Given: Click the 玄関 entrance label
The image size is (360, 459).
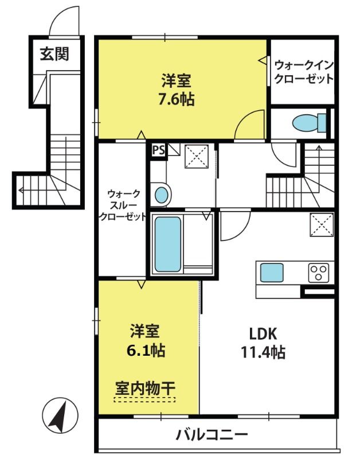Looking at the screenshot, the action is [54, 54].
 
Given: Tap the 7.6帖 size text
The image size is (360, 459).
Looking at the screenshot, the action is [177, 99].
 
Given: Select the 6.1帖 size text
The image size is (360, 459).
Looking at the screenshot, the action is [146, 351].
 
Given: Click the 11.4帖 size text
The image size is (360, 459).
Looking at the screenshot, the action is [263, 352].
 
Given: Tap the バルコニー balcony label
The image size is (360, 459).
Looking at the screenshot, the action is [212, 435].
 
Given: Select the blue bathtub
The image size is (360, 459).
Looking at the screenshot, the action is [167, 244].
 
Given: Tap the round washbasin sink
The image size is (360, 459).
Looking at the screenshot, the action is [162, 195].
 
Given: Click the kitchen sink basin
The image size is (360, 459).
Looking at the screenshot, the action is [272, 273].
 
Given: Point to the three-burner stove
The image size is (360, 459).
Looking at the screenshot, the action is [319, 273].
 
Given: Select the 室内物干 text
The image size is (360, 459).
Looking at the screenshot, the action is [145, 388].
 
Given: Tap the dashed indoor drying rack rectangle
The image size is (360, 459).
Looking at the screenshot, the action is [145, 399].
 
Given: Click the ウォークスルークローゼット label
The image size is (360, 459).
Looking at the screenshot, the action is [123, 205].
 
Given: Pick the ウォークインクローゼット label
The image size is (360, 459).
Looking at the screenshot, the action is [304, 72].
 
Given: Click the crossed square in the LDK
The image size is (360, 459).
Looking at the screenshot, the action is [322, 225].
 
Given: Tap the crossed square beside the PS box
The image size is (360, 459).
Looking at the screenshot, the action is [197, 156].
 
